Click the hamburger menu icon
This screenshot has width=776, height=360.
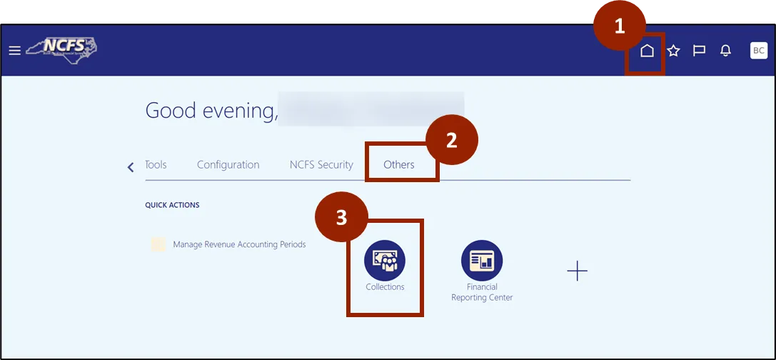pyautogui.click(x=14, y=51)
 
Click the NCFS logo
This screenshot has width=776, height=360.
pyautogui.click(x=62, y=49)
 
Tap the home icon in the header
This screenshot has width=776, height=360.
pyautogui.click(x=647, y=51)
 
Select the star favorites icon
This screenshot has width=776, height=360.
pyautogui.click(x=673, y=51)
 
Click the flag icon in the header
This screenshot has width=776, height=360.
pyautogui.click(x=700, y=51)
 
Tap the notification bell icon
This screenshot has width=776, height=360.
pyautogui.click(x=726, y=51)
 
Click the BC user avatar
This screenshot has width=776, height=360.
pyautogui.click(x=759, y=51)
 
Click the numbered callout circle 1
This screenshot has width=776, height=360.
pyautogui.click(x=620, y=26)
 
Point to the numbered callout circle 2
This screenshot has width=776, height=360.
pyautogui.click(x=451, y=141)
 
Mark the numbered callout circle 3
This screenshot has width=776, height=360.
pyautogui.click(x=342, y=217)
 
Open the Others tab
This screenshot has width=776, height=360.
pyautogui.click(x=399, y=164)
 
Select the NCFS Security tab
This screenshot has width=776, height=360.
pyautogui.click(x=321, y=164)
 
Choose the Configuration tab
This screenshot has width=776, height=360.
pyautogui.click(x=228, y=164)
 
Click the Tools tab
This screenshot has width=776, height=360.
pyautogui.click(x=156, y=164)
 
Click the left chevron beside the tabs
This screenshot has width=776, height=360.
pyautogui.click(x=131, y=167)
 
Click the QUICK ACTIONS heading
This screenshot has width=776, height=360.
pyautogui.click(x=172, y=205)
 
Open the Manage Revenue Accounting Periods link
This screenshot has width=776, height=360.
pyautogui.click(x=239, y=244)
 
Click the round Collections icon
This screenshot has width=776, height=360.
pyautogui.click(x=385, y=260)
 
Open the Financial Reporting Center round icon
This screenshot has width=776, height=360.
pyautogui.click(x=482, y=260)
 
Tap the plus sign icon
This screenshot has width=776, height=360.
pyautogui.click(x=577, y=271)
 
